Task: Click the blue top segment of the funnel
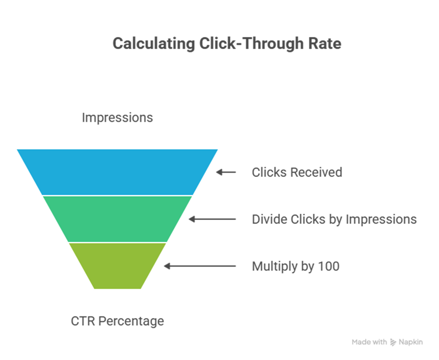(118, 171)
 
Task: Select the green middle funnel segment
(118, 219)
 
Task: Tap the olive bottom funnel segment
(118, 265)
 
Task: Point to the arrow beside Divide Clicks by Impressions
(212, 219)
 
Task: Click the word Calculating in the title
(154, 44)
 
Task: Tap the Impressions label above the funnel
(118, 118)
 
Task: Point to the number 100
(328, 266)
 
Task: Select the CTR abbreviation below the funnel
(82, 321)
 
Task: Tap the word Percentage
(131, 322)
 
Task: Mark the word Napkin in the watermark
(411, 342)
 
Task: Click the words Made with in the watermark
(369, 342)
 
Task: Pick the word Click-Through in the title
(251, 44)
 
